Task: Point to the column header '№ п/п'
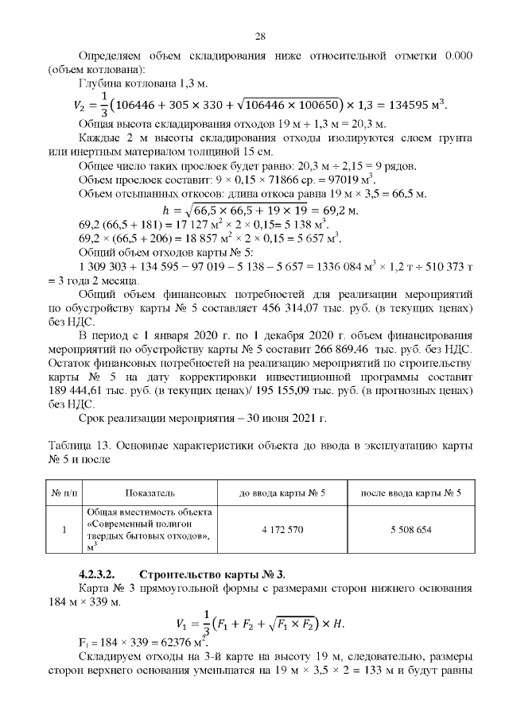[x=62, y=493]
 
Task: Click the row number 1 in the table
[x=62, y=529]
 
